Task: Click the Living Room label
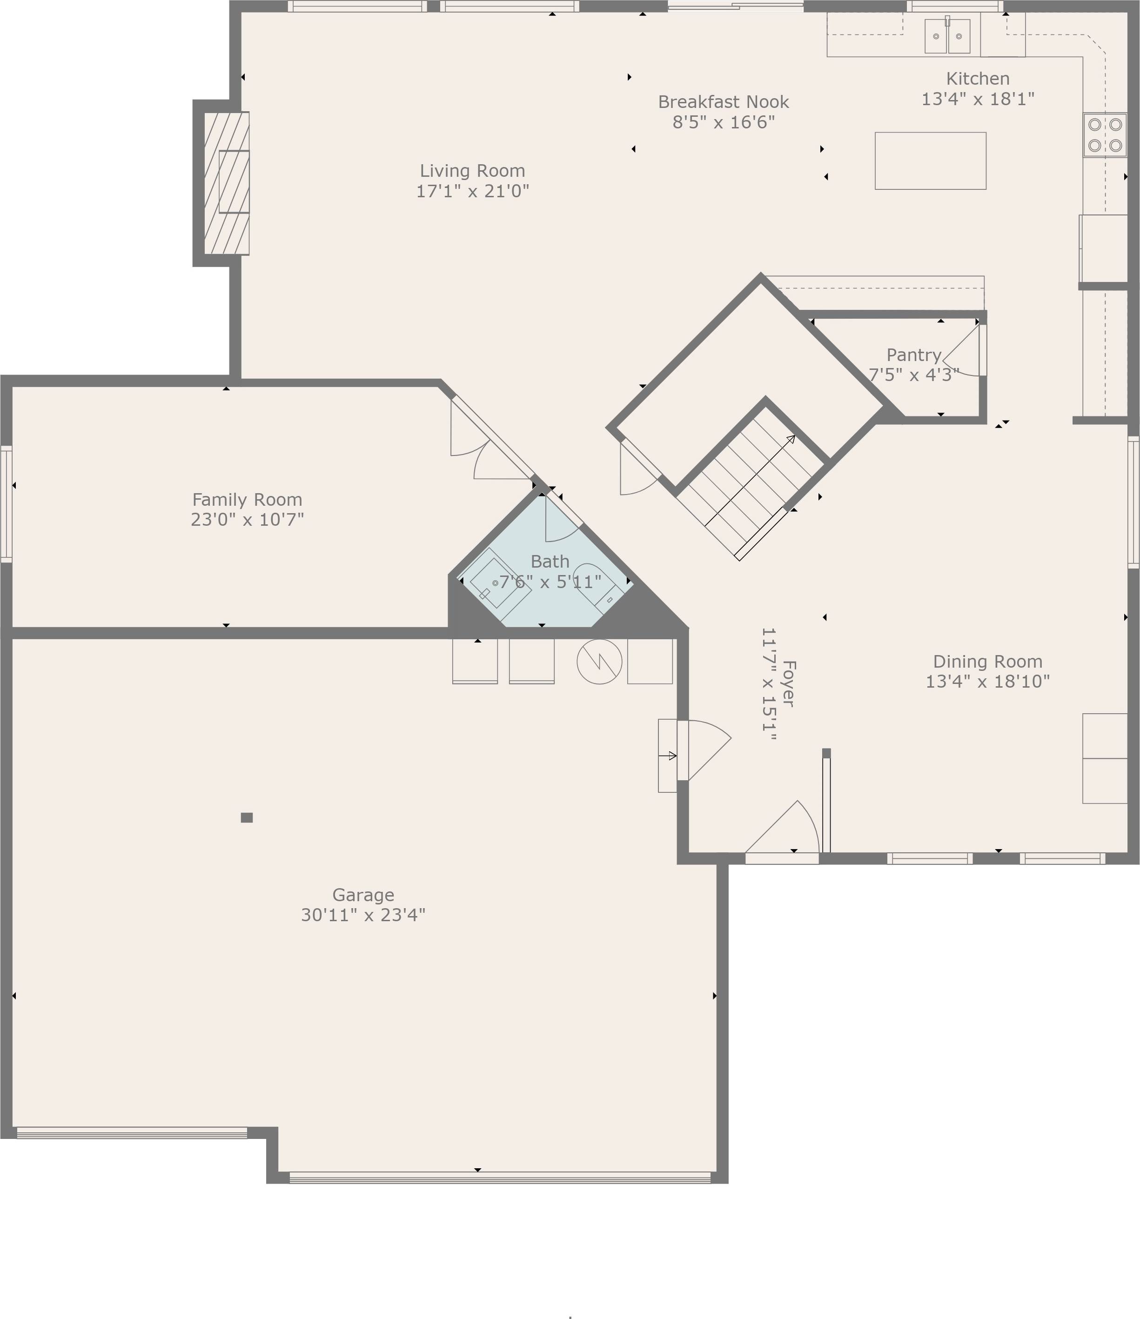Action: (x=472, y=171)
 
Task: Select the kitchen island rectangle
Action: (x=930, y=161)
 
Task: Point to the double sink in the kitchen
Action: (x=947, y=36)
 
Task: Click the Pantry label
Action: (x=913, y=355)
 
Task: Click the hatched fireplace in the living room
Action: (x=227, y=183)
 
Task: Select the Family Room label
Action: (x=247, y=499)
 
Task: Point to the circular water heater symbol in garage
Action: (x=599, y=662)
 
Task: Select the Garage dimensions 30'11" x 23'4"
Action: (x=363, y=915)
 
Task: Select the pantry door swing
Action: (x=964, y=353)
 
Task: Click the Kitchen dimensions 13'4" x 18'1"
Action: (x=977, y=99)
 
